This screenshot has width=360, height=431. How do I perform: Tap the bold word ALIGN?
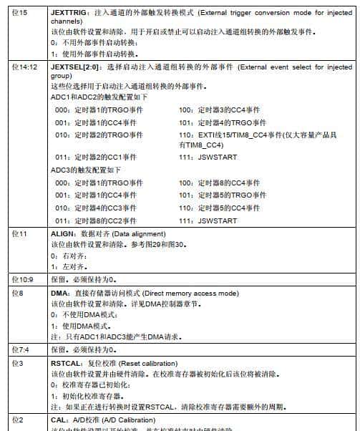63,234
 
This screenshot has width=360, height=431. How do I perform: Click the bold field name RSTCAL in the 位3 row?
67,364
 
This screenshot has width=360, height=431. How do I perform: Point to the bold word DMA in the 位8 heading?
60,294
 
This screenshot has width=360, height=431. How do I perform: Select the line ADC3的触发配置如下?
86,170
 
